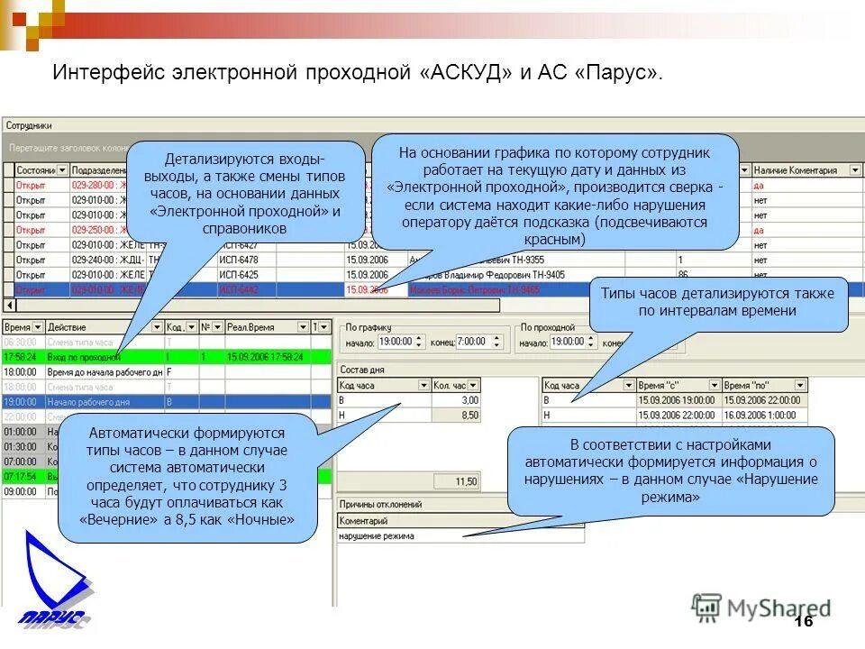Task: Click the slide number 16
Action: click(804, 622)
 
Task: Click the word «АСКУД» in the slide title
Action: click(466, 73)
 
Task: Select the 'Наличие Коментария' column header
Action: click(795, 170)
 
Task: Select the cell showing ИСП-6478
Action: click(239, 260)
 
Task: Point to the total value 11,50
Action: click(466, 482)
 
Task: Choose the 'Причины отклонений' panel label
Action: click(380, 505)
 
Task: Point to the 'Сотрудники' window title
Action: click(29, 125)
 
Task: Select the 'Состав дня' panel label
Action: click(363, 370)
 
